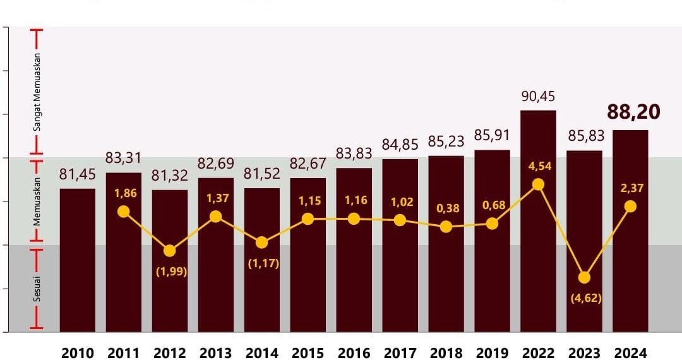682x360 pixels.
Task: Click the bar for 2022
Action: click(538, 221)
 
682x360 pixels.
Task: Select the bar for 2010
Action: click(78, 260)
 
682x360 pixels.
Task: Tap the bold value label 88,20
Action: click(633, 112)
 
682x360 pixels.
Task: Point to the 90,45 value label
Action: click(538, 96)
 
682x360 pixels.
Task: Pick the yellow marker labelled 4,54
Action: click(538, 184)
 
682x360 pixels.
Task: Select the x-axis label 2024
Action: click(630, 352)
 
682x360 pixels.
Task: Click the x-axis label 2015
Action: click(308, 352)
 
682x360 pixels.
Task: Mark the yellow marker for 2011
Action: click(124, 212)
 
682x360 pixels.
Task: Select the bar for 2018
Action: click(446, 243)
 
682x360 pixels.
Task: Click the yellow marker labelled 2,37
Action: click(630, 207)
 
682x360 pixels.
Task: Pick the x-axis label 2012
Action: click(169, 352)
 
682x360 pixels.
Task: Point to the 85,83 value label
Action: click(584, 136)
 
